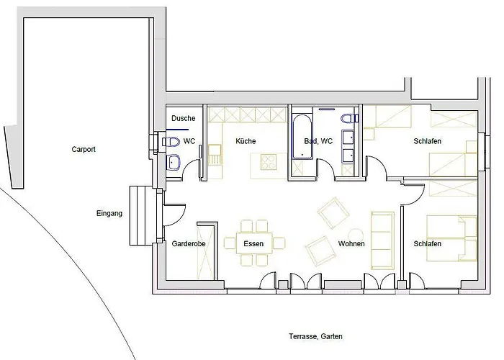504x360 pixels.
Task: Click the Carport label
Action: [84, 150]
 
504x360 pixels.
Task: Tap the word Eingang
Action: [109, 213]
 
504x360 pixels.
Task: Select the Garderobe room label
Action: [189, 244]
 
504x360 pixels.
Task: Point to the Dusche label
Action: [183, 118]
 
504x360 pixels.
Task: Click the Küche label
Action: [245, 141]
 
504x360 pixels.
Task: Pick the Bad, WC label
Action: [318, 141]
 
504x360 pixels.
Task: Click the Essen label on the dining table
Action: [253, 244]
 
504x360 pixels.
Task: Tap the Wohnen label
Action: [351, 244]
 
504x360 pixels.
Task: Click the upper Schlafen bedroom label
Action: [428, 141]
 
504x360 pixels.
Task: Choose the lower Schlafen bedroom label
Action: [428, 244]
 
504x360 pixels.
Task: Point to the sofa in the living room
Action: [382, 238]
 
